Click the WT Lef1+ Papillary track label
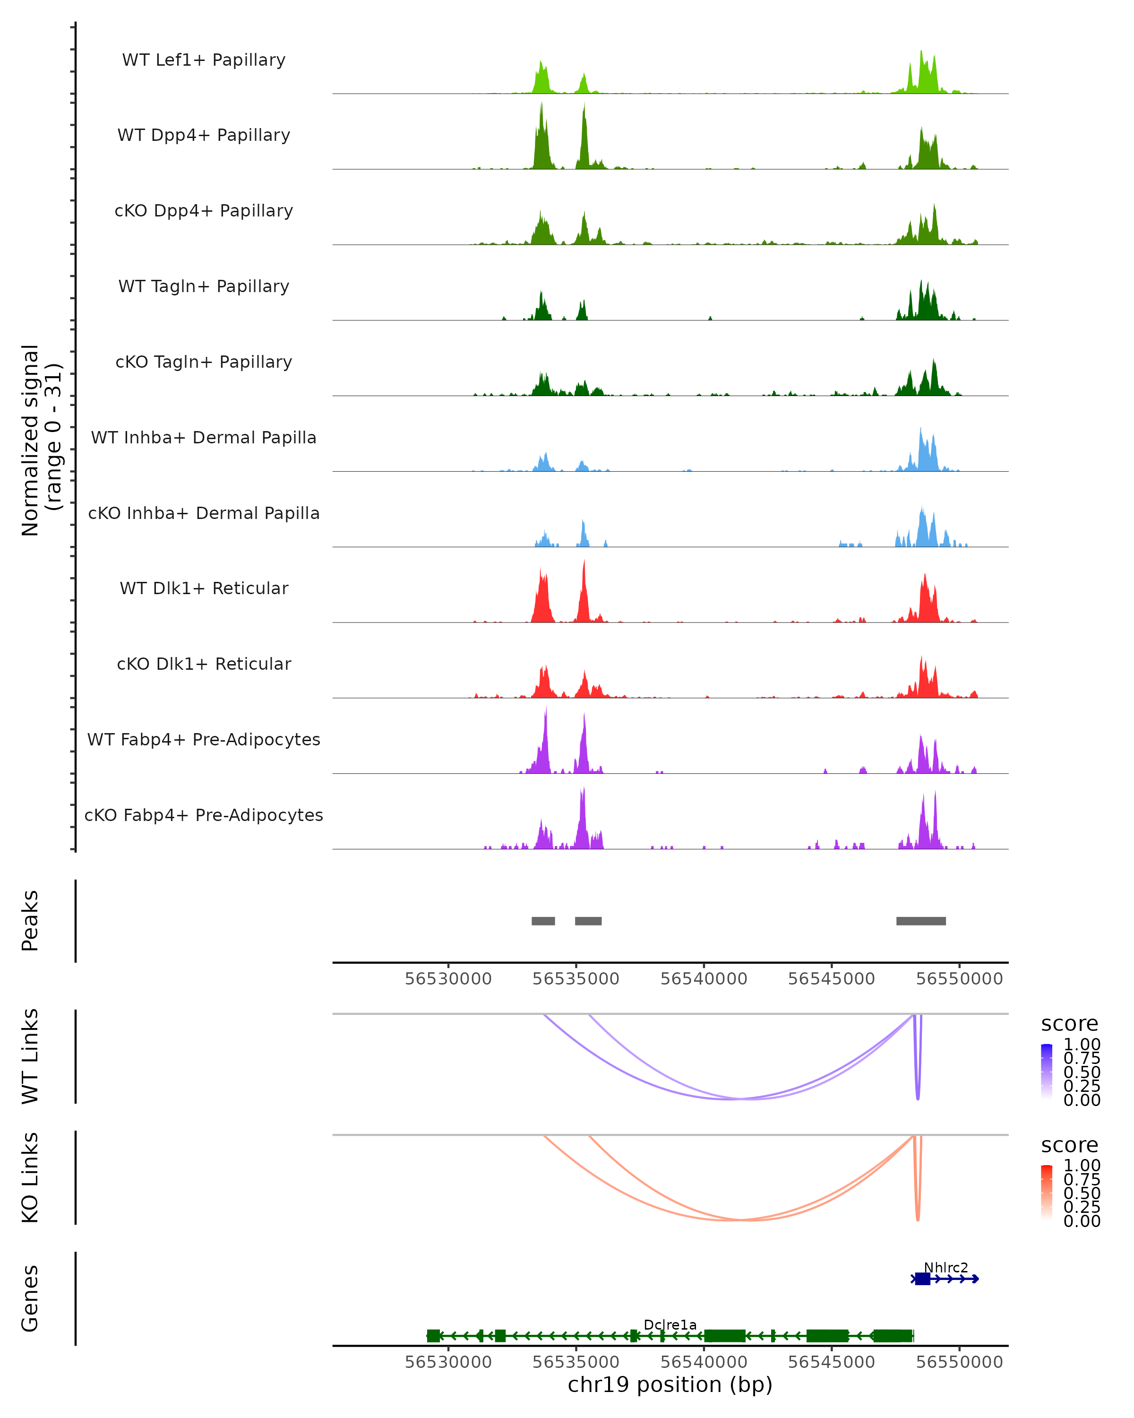[204, 60]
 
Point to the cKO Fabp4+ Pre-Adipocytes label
[204, 815]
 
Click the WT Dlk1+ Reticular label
[204, 588]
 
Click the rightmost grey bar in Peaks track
[920, 921]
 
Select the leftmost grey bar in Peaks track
[543, 921]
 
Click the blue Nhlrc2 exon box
[922, 1279]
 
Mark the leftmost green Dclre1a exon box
[433, 1336]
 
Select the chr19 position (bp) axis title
[670, 1385]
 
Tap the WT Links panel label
[30, 1056]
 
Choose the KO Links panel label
[30, 1177]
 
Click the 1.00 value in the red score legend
[1082, 1165]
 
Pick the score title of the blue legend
[1069, 1023]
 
